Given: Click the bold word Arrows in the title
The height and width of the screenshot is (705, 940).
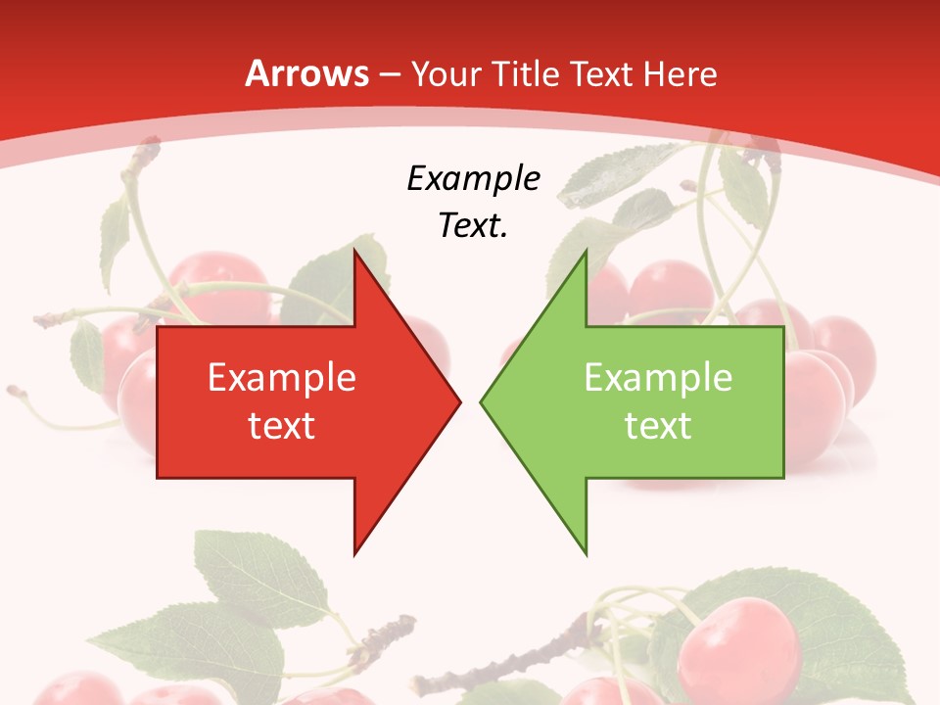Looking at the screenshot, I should tap(307, 73).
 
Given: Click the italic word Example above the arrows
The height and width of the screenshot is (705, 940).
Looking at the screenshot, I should tap(473, 178).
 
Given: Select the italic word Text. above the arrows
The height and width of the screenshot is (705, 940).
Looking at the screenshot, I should tap(473, 226).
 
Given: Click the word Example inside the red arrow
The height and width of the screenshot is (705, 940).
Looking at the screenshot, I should tap(282, 377).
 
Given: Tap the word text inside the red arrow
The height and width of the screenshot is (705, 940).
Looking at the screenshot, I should tap(282, 426).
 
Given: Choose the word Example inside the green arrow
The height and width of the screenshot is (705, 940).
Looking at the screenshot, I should tap(658, 377).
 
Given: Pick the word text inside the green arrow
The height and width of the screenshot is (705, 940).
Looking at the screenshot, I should tap(658, 426).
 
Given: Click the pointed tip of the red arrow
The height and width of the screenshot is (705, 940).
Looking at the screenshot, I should tap(459, 401).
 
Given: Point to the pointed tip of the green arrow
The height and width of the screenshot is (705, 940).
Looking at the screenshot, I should tap(482, 401).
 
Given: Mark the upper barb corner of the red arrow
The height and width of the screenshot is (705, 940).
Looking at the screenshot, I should tap(354, 251).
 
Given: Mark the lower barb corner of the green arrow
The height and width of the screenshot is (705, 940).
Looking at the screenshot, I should tap(586, 553).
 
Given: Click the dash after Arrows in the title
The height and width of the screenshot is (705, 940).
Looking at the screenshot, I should tap(389, 74).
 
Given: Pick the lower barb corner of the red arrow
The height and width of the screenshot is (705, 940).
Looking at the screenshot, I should tap(354, 553).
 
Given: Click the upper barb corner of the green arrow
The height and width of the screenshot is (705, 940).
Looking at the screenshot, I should tap(586, 251).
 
